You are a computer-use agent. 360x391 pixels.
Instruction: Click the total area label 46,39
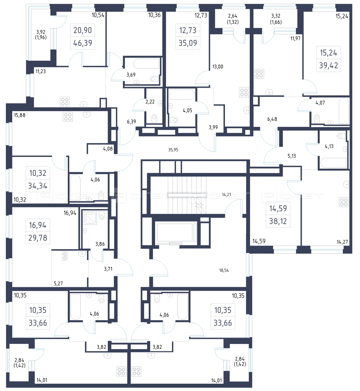pos(83,43)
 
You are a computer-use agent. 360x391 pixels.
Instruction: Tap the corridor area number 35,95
pos(173,150)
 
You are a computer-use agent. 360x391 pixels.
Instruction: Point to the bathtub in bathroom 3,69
pos(146,64)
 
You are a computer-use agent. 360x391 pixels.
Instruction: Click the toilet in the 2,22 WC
pos(154,118)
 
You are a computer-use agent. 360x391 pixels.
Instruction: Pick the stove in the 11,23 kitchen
pos(65,102)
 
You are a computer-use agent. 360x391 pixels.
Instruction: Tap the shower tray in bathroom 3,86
pos(90,218)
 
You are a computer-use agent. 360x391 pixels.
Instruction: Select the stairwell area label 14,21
pos(226,194)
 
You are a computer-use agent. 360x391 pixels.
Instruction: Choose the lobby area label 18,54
pos(224,270)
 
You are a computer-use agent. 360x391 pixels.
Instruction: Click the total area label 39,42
pos(328,65)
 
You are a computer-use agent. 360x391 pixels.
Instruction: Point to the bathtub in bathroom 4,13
pos(333,163)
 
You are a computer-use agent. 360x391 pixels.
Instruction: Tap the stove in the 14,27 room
pos(343,202)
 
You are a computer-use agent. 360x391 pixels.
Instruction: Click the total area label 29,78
pos(38,238)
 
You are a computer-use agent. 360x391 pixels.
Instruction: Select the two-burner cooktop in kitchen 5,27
pos(65,256)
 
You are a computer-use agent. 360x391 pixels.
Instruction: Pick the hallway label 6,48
pos(272,119)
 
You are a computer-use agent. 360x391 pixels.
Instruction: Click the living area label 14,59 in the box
pos(278,208)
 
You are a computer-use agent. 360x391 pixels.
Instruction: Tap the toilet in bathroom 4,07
pos(317,119)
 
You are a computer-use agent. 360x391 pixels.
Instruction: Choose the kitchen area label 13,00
pos(218,67)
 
